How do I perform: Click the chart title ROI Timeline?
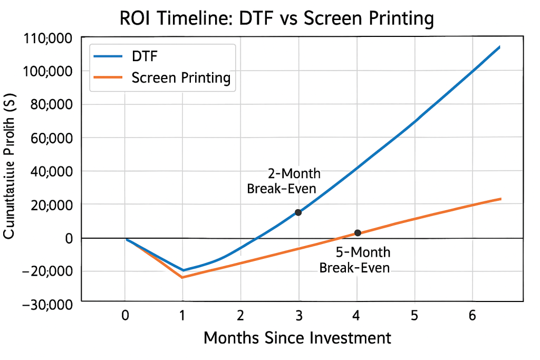pos(276,18)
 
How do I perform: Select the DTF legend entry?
pos(143,55)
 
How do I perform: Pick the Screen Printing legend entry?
pos(181,78)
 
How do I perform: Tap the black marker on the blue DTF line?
pos(298,212)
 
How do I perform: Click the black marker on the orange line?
pos(358,233)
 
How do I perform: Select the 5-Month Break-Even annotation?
pos(355,259)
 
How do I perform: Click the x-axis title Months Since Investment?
pos(297,338)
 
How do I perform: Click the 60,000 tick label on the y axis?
pos(49,138)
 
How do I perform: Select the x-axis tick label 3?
pos(298,315)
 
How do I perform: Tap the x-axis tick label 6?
pos(472,315)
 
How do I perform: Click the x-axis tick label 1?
pos(182,315)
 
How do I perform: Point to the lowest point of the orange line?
pos(182,277)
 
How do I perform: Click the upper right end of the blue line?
pos(499,47)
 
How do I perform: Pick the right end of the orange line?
pos(500,199)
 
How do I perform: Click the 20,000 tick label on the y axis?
pos(49,205)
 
